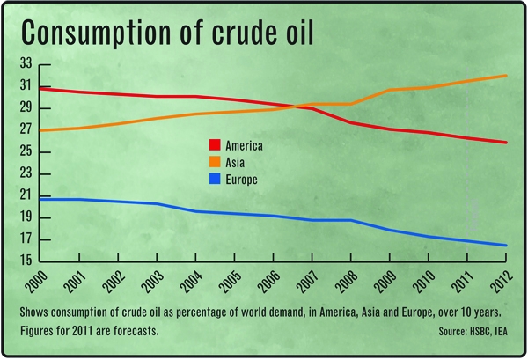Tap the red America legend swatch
pyautogui.click(x=214, y=144)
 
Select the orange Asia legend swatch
pyautogui.click(x=214, y=162)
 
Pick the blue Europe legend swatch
pyautogui.click(x=214, y=180)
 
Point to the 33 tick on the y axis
pyautogui.click(x=26, y=64)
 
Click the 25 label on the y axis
pyautogui.click(x=26, y=152)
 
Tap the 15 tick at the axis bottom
pyautogui.click(x=26, y=261)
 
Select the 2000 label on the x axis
pyautogui.click(x=40, y=282)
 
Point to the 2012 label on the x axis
pyautogui.click(x=503, y=282)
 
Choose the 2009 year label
pyautogui.click(x=388, y=282)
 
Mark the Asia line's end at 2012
pyautogui.click(x=506, y=76)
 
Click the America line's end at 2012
pyautogui.click(x=506, y=143)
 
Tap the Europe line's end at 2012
pyautogui.click(x=506, y=246)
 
